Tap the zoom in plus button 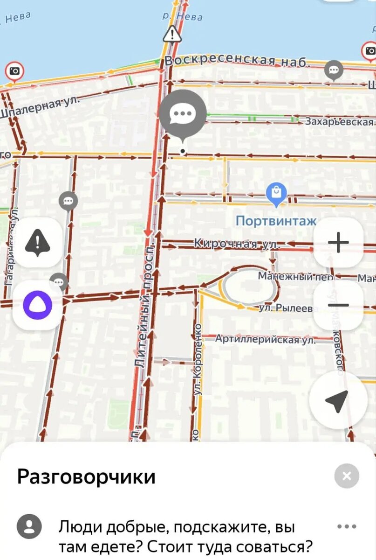[338, 243]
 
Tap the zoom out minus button [338, 305]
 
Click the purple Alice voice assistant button [37, 305]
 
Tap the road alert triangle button [37, 243]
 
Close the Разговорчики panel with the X [347, 476]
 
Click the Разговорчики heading [86, 477]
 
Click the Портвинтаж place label [276, 221]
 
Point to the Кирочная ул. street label [236, 244]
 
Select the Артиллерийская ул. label [265, 339]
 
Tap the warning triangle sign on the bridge [172, 34]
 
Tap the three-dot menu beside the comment [347, 527]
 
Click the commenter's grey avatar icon [29, 527]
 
